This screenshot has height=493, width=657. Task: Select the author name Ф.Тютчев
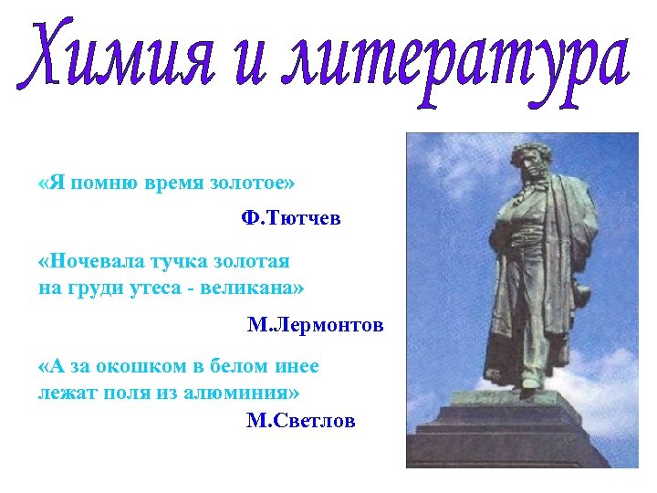(x=290, y=219)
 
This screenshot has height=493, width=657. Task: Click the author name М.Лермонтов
(x=315, y=325)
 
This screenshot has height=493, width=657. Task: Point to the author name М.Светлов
(x=300, y=420)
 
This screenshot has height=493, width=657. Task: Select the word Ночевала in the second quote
(x=99, y=262)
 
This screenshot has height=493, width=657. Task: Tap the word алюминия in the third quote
(x=245, y=393)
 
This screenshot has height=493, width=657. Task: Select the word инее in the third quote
(x=296, y=367)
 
